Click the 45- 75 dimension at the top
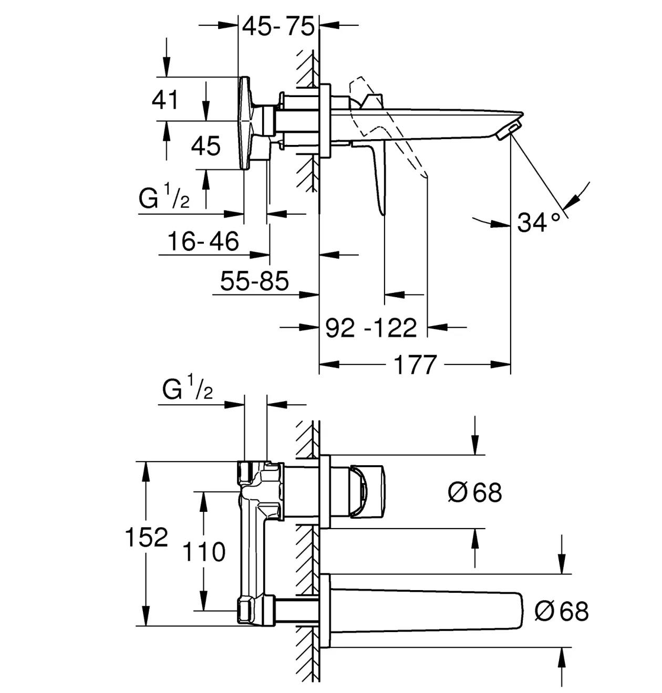click(278, 26)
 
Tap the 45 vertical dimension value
click(206, 145)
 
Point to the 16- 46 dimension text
click(203, 241)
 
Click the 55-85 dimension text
click(254, 281)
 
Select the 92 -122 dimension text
click(371, 328)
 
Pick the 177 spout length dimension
click(415, 365)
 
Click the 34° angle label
click(539, 222)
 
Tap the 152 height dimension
click(147, 538)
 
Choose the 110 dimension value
click(204, 552)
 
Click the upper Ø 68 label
click(475, 492)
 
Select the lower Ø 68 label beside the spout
click(562, 612)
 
